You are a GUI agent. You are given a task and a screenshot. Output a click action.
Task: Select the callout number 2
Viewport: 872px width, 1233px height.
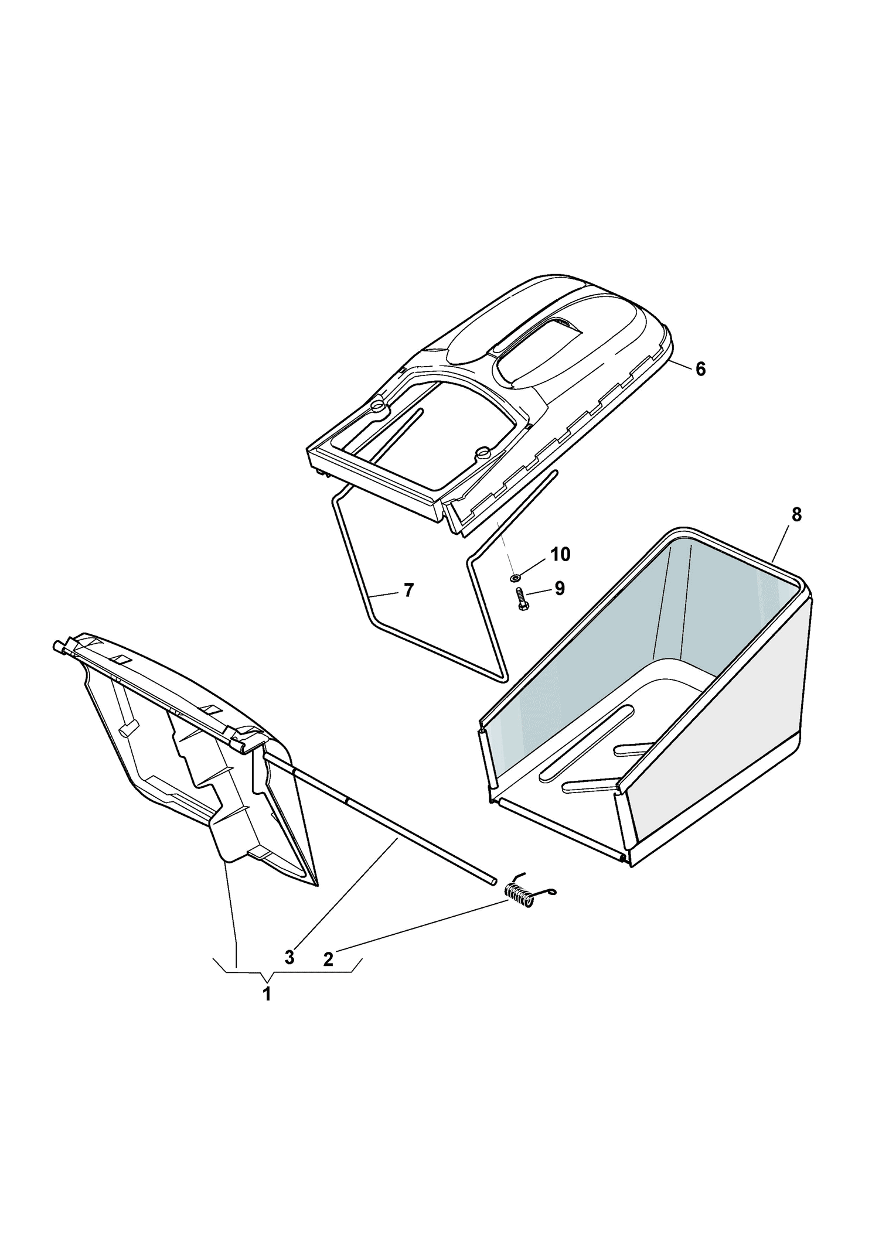coord(328,959)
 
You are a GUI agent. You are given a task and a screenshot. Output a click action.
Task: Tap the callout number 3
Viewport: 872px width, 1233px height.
coord(289,958)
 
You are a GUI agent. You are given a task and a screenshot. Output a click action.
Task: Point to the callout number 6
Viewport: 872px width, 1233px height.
coord(700,369)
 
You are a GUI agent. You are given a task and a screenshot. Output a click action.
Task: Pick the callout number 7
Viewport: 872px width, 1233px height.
coord(408,590)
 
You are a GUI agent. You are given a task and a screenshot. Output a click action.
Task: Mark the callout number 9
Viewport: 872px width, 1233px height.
coord(559,589)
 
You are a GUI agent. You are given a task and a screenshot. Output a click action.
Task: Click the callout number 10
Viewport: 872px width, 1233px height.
coord(560,554)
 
